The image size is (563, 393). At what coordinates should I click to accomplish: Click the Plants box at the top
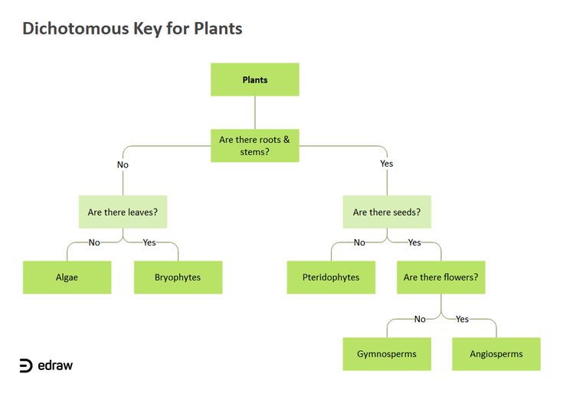tap(255, 80)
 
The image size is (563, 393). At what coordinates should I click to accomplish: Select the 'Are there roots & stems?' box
tap(255, 145)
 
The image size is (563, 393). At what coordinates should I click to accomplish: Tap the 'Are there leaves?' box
tap(123, 212)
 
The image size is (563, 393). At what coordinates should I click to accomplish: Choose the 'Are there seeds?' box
tap(386, 212)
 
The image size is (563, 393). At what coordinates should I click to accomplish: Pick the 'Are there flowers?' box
tap(440, 278)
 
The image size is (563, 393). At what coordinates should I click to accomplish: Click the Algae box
tap(67, 278)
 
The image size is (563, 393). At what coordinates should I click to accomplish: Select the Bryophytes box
tap(178, 278)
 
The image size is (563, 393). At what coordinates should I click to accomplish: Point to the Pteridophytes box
tap(331, 278)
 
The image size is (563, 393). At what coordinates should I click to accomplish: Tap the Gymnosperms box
tap(386, 354)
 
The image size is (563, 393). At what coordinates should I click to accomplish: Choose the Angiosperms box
tap(496, 354)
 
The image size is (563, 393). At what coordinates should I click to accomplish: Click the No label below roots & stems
tap(123, 164)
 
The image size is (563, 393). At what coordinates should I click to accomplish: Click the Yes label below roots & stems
tap(386, 164)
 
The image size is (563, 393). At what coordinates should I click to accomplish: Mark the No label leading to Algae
tap(94, 242)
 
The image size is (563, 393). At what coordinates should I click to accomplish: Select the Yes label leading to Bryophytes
tap(149, 242)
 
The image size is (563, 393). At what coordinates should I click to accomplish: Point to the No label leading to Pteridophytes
tap(359, 242)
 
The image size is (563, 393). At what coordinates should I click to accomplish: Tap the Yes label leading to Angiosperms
tap(462, 319)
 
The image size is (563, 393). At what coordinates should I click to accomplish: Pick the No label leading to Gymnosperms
tap(420, 319)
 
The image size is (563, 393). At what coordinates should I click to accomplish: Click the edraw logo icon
tap(26, 365)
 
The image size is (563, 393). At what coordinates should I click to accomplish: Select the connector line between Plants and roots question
tap(255, 112)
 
